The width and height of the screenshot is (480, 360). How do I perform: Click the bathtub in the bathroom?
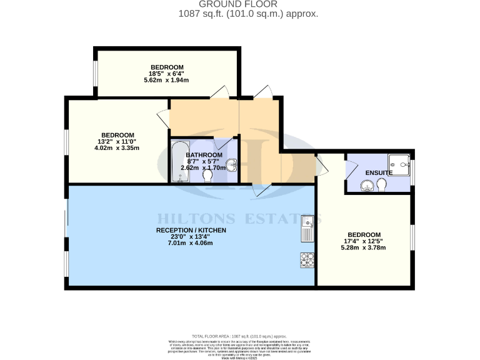pos(180,162)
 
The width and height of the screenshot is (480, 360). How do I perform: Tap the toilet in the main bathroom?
pos(207,177)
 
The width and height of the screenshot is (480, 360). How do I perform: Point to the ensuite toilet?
pos(382,186)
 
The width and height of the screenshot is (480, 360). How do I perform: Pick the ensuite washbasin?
pos(367,186)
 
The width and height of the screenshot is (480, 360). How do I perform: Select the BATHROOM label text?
pos(204,155)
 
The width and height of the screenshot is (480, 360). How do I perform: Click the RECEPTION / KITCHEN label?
pos(191,231)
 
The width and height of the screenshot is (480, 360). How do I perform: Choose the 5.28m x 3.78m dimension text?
pos(364,247)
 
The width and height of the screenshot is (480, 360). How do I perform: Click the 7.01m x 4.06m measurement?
pos(191,243)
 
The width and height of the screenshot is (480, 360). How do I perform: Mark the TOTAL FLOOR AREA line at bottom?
pos(239,336)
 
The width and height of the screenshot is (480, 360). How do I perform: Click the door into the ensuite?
pos(349,169)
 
